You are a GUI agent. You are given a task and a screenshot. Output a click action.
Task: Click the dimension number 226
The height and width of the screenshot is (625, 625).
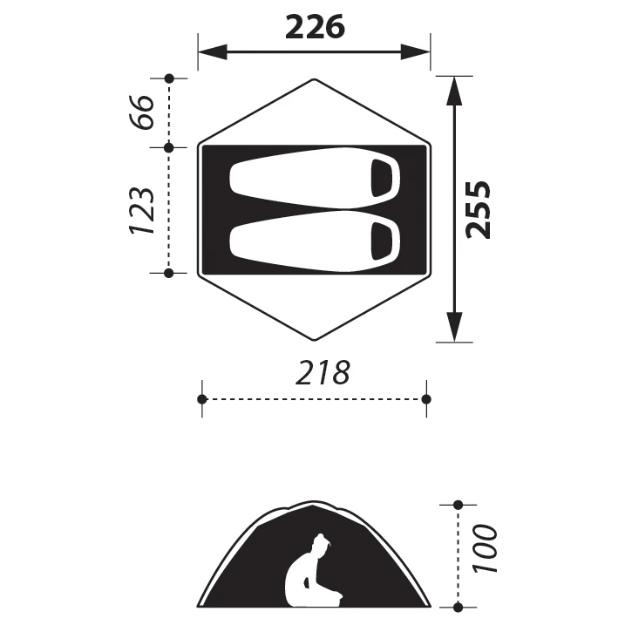[315, 28]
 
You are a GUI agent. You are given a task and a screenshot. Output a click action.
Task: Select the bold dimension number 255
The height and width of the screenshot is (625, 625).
[479, 209]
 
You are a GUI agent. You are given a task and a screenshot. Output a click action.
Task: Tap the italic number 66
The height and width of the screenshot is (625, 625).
[145, 111]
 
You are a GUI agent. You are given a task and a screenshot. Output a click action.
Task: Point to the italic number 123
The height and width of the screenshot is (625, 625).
[143, 210]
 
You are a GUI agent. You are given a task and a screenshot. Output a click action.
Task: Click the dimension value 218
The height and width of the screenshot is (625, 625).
[322, 373]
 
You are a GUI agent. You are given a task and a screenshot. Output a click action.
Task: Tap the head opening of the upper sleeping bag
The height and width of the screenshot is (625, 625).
[382, 179]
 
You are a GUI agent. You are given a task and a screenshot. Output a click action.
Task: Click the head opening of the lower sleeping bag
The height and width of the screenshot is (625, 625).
[382, 241]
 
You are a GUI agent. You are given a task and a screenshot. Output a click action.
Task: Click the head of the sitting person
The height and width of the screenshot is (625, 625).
[322, 546]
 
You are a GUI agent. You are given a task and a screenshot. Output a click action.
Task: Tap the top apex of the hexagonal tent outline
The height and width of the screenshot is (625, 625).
[314, 79]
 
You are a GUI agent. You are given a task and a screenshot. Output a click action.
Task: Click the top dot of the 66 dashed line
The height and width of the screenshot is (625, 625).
[169, 78]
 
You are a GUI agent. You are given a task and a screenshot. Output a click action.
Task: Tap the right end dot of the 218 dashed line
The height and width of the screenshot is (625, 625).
[426, 398]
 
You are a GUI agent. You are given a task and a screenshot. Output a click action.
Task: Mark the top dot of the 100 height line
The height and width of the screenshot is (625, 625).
[459, 505]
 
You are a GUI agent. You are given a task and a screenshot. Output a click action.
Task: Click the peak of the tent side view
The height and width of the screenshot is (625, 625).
[314, 503]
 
